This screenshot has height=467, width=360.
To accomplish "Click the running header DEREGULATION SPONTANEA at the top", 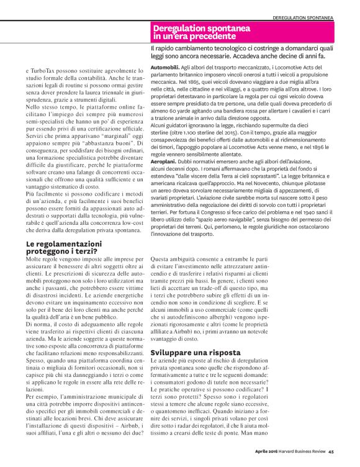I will pos(311,17).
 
